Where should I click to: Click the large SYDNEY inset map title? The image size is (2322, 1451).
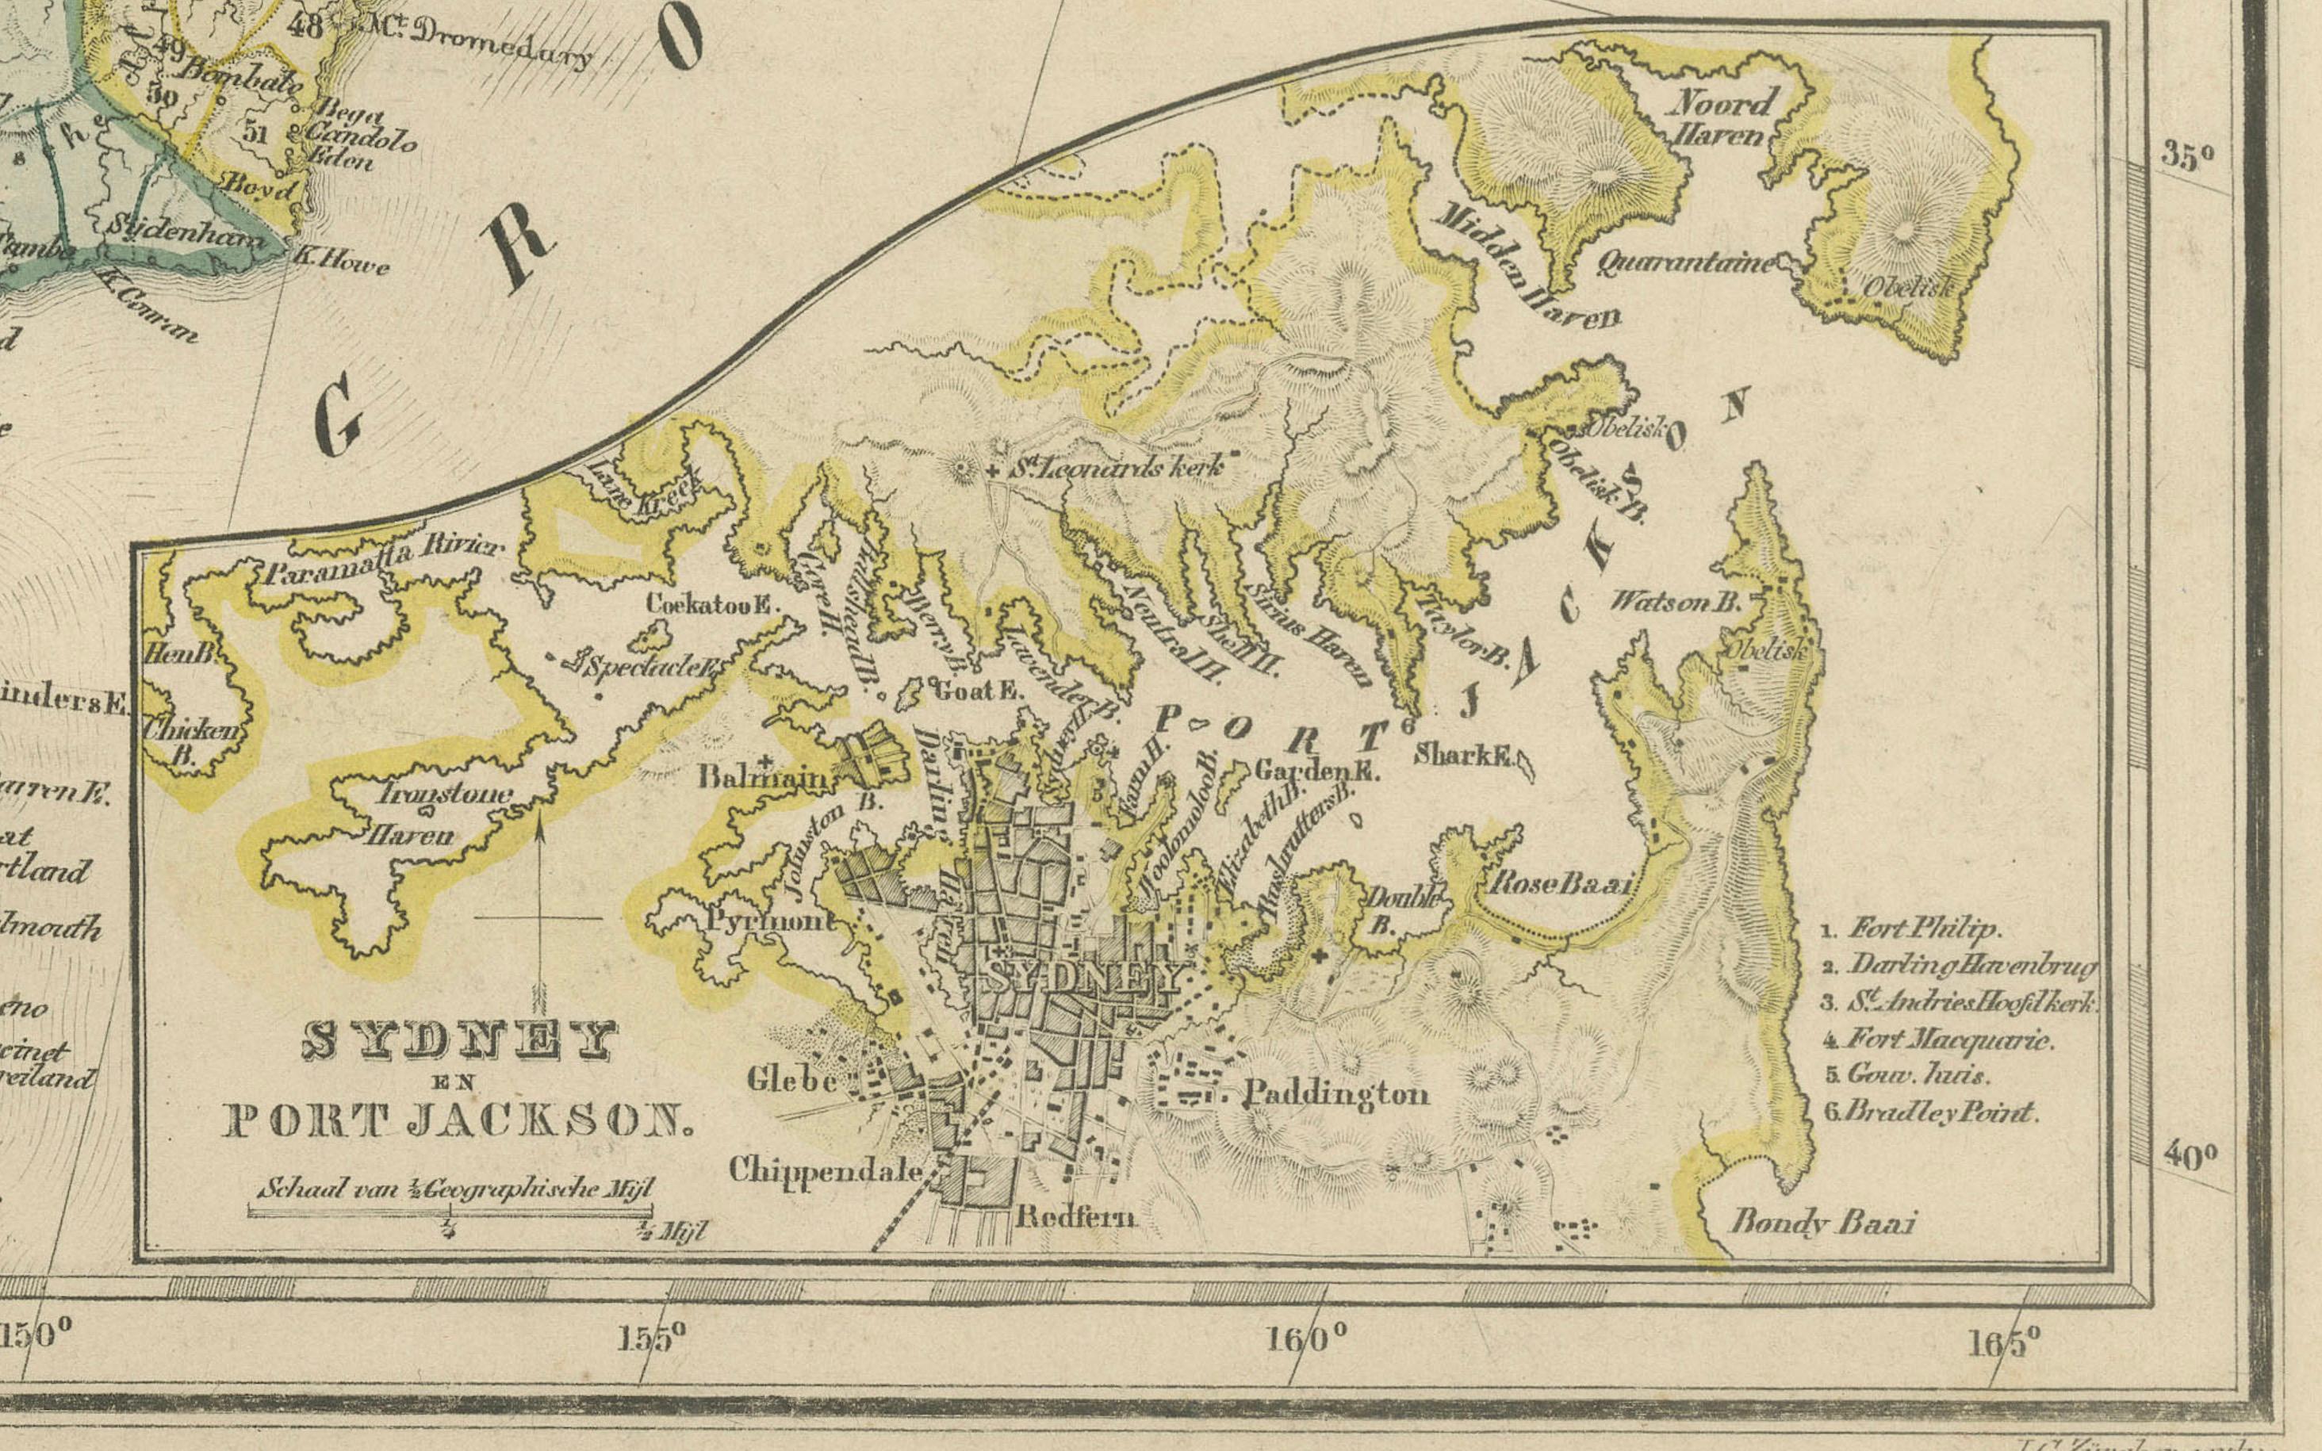pyautogui.click(x=458, y=1041)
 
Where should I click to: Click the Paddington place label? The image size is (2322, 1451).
pyautogui.click(x=1335, y=1094)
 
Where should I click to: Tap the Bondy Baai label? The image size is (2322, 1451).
pyautogui.click(x=1822, y=1223)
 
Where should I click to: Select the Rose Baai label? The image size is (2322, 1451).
pyautogui.click(x=1559, y=882)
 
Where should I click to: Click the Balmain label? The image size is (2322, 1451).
pyautogui.click(x=763, y=776)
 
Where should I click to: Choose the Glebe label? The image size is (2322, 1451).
pyautogui.click(x=792, y=1081)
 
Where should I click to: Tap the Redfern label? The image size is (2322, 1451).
pyautogui.click(x=1075, y=1218)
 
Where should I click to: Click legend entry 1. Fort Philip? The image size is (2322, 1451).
pyautogui.click(x=1911, y=929)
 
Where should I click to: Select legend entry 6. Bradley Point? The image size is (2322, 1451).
pyautogui.click(x=1929, y=1112)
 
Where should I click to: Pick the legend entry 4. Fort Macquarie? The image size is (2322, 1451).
pyautogui.click(x=1938, y=1039)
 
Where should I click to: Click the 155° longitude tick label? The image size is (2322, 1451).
pyautogui.click(x=653, y=1337)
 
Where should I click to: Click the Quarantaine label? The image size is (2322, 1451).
pyautogui.click(x=1686, y=263)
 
